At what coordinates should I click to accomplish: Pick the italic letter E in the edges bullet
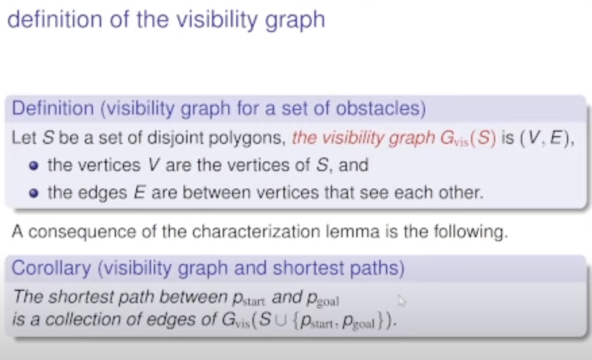[140, 192]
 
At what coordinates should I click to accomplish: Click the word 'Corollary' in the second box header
[51, 268]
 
